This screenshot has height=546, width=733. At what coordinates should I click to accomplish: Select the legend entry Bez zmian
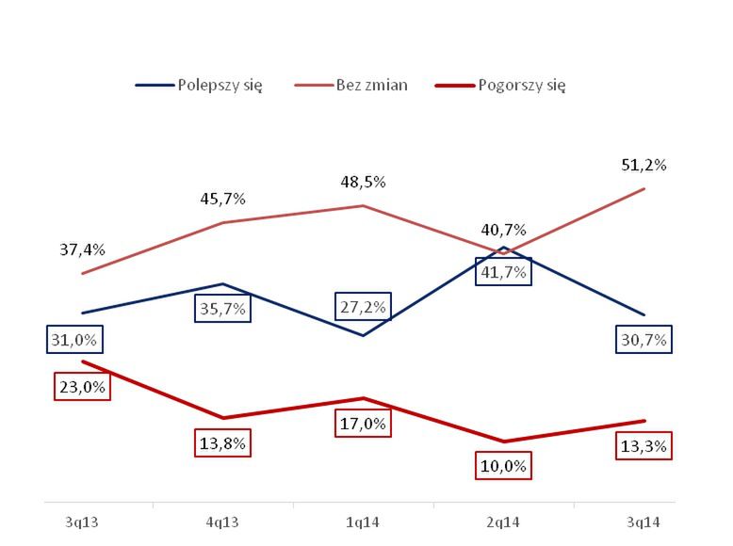click(x=371, y=85)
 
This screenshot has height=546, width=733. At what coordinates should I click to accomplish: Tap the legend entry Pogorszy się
click(x=520, y=85)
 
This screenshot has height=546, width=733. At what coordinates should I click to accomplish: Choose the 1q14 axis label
click(x=364, y=520)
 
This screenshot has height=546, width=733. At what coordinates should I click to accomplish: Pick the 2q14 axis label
click(x=505, y=520)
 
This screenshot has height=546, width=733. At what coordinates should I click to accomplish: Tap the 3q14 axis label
click(x=644, y=520)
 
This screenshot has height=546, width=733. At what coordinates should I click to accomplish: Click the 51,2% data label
click(x=644, y=165)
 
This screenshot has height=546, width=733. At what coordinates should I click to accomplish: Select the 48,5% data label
click(x=364, y=182)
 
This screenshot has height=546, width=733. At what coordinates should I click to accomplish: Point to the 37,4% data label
click(x=83, y=249)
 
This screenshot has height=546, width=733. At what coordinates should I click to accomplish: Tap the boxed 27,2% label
click(x=364, y=307)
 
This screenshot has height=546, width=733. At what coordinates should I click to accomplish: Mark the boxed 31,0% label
click(x=77, y=339)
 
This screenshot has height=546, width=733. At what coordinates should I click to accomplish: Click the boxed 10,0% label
click(x=504, y=465)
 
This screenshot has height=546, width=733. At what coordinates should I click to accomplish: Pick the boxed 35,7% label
click(x=222, y=308)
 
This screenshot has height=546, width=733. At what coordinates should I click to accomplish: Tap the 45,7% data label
click(x=222, y=199)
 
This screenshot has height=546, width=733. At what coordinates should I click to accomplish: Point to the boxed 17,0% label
click(x=364, y=424)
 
